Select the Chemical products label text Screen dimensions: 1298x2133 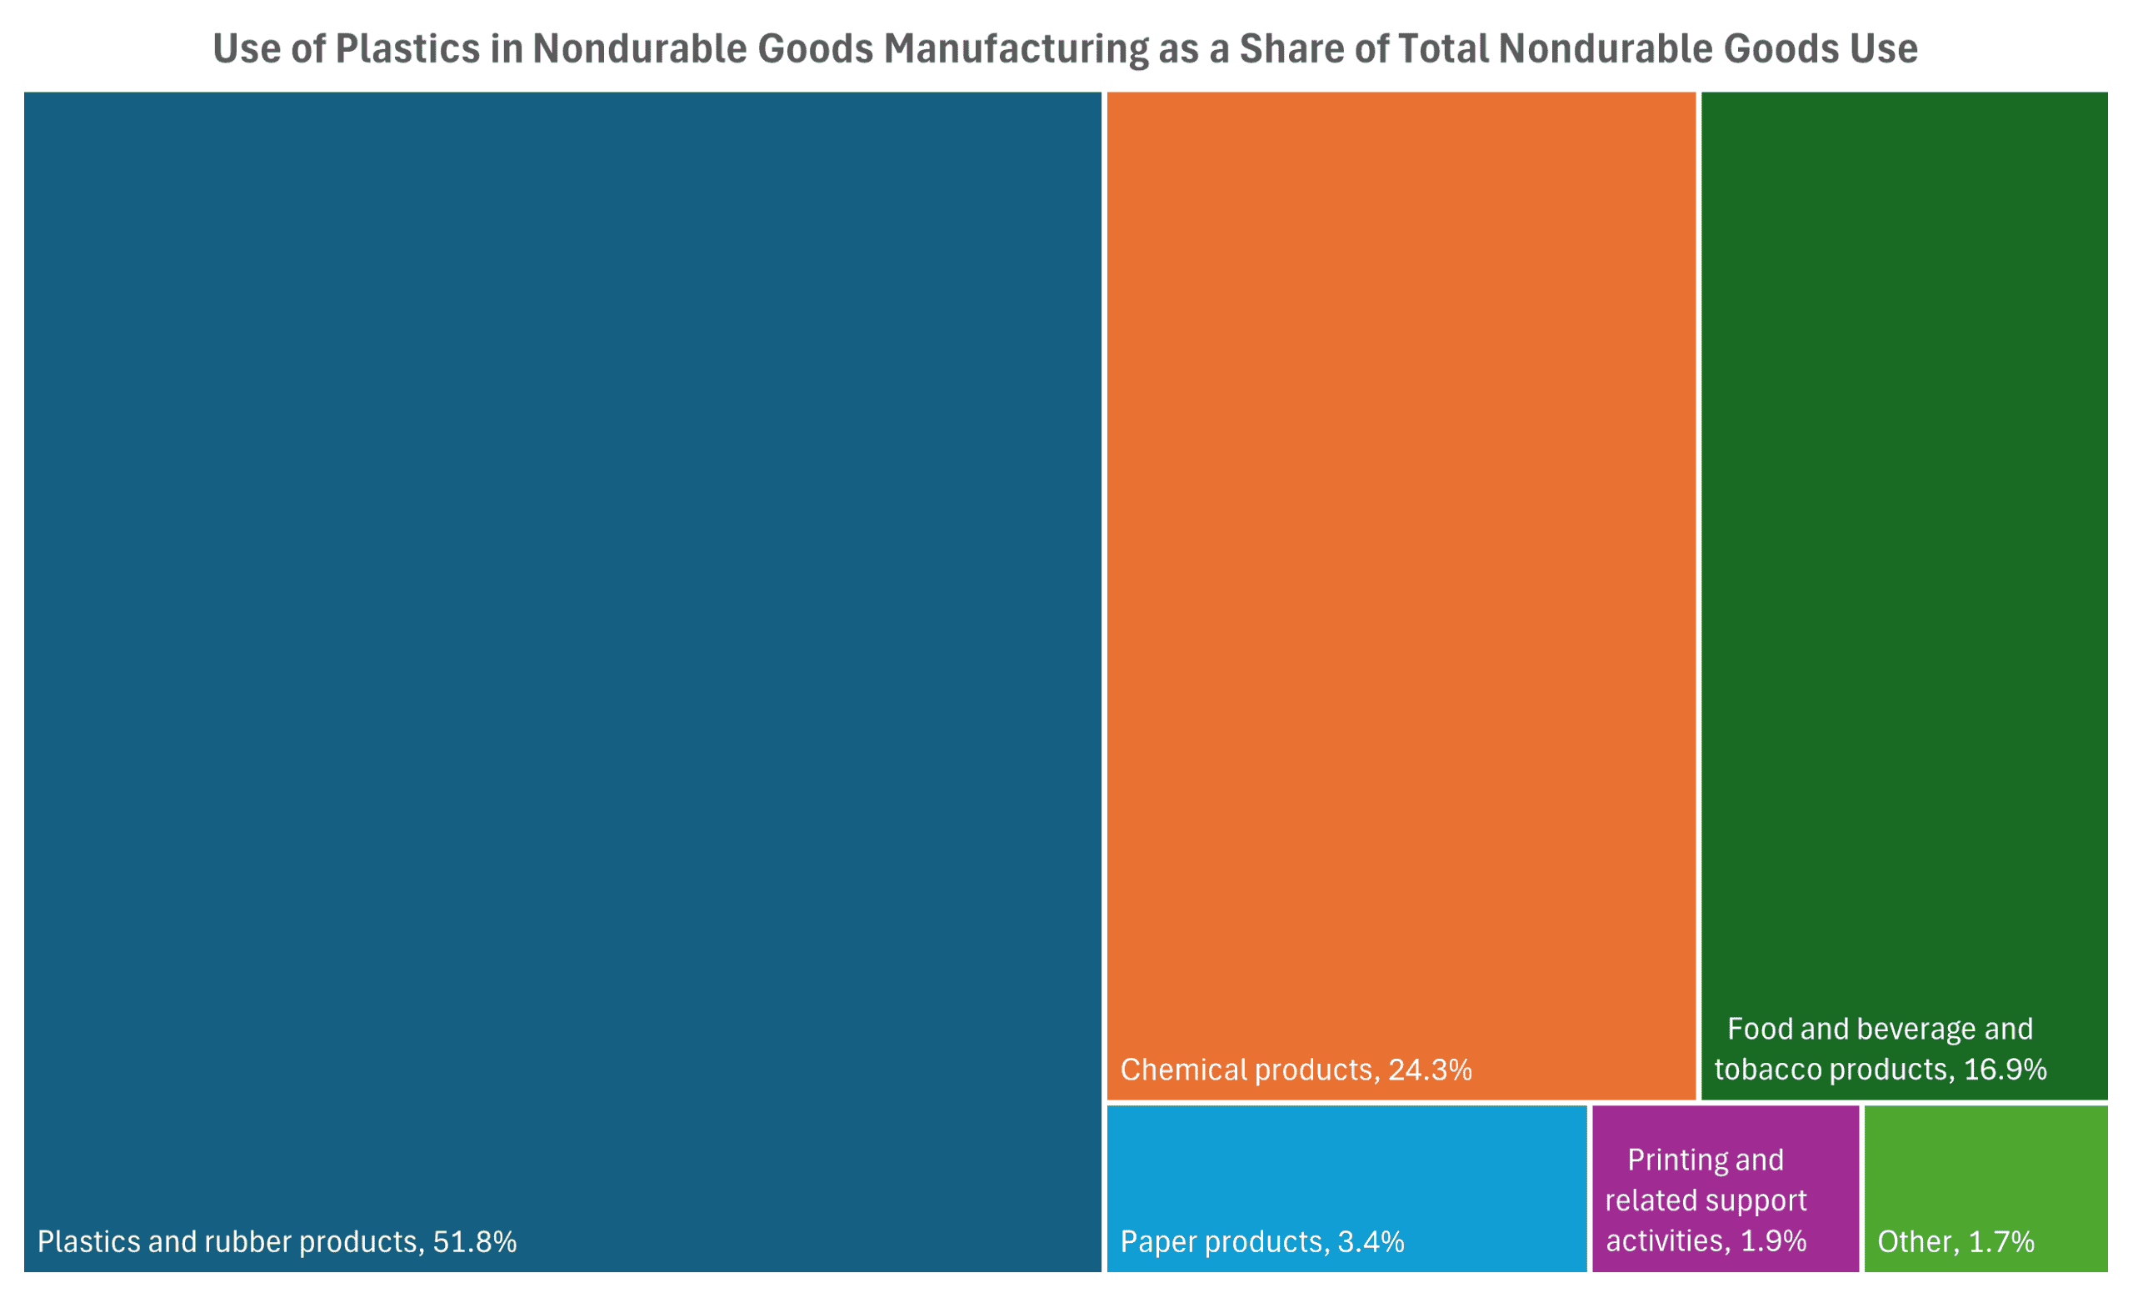click(x=1246, y=1070)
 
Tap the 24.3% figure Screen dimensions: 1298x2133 click(x=1430, y=1070)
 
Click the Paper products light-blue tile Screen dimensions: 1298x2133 click(x=1346, y=1169)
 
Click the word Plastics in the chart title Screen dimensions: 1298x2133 click(x=407, y=48)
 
